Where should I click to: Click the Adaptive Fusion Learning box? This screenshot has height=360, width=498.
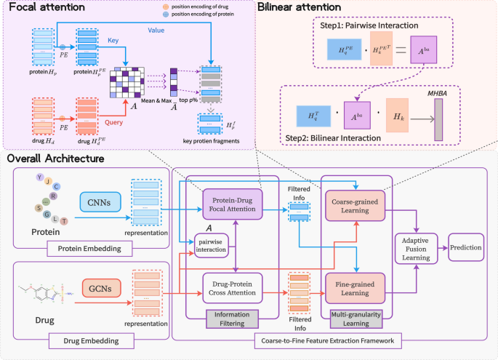(x=416, y=248)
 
